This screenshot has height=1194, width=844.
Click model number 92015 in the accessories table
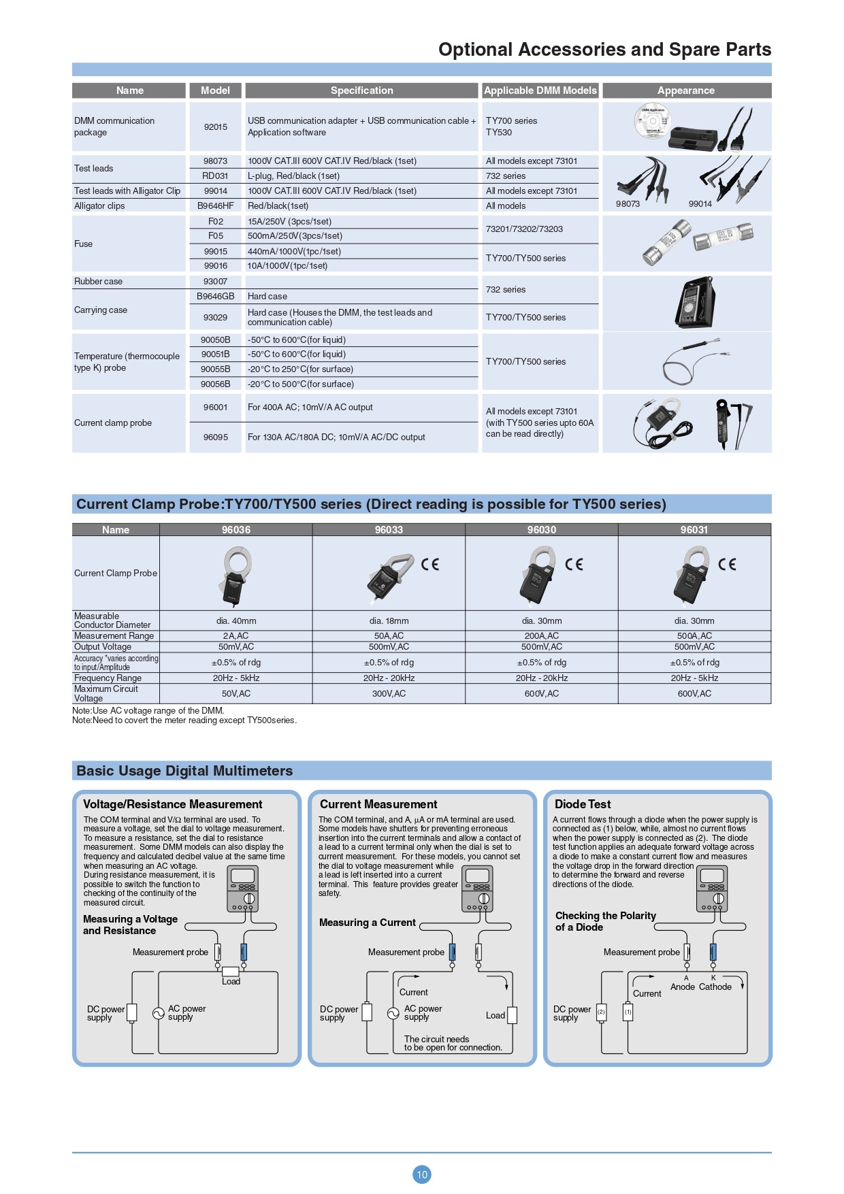point(215,127)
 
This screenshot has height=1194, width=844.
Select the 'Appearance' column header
point(685,90)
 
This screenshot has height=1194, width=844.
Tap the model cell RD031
point(215,176)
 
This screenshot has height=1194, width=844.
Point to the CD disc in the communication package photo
point(652,122)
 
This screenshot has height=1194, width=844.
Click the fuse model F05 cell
point(215,236)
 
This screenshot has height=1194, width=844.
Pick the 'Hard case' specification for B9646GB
point(267,297)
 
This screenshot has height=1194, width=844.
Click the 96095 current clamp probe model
point(215,437)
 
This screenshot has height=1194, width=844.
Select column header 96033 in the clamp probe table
point(389,530)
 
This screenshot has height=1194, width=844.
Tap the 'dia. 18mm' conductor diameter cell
point(389,620)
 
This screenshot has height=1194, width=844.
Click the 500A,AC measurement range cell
point(694,635)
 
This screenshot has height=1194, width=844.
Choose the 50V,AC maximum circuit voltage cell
point(236,693)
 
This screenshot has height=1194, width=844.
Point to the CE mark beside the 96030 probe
point(574,564)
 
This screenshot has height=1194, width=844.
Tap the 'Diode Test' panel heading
point(583,804)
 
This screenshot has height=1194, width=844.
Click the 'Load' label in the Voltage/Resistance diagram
point(231,981)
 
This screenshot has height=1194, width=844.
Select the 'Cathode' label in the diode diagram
point(715,986)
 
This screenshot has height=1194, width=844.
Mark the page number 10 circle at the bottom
point(422,1174)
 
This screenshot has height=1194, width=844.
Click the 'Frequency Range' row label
point(108,678)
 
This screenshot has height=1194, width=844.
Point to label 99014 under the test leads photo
point(700,203)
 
